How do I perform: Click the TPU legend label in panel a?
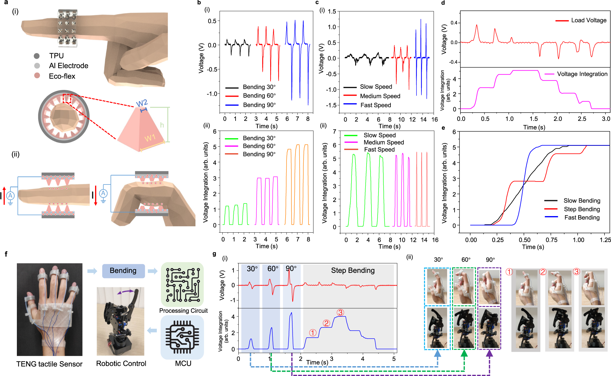(x=56, y=56)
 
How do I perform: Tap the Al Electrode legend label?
(x=68, y=66)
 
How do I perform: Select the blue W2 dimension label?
(x=142, y=103)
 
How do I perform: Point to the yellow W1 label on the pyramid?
(x=150, y=138)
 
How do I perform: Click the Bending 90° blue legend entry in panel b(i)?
(x=259, y=105)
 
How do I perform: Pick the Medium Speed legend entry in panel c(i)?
(x=380, y=96)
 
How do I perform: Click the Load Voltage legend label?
(x=589, y=20)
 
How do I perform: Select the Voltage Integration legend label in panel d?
(x=582, y=74)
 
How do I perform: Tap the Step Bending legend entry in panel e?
(x=582, y=209)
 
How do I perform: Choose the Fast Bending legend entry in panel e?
(x=582, y=217)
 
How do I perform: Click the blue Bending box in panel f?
(x=123, y=271)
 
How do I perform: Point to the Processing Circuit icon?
(x=182, y=284)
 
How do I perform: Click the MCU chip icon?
(x=182, y=337)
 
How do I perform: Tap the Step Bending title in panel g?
(x=353, y=270)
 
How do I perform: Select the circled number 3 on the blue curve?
(x=340, y=312)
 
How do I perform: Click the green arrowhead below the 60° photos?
(x=464, y=354)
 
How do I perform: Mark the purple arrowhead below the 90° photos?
(x=490, y=354)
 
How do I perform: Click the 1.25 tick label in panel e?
(x=605, y=240)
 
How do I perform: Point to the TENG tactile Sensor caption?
(x=49, y=364)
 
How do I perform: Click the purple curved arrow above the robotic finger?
(x=125, y=292)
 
